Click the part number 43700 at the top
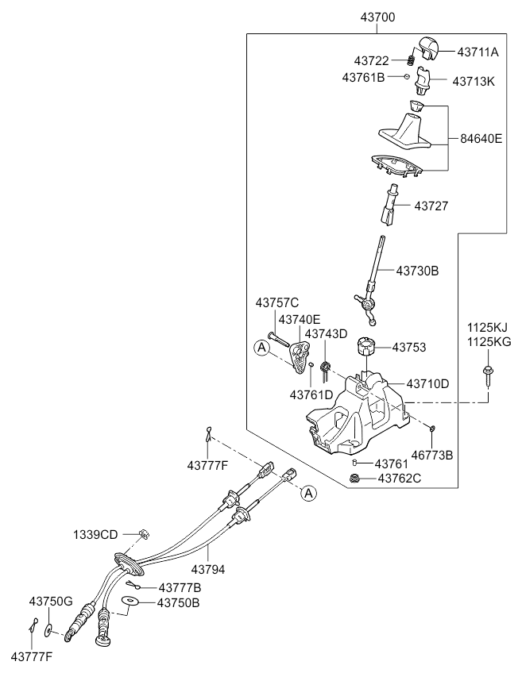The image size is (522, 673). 377,17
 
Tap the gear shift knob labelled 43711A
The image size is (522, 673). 427,48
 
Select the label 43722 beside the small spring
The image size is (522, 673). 371,61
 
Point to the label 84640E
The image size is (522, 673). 481,139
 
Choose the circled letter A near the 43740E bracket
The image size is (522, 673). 261,348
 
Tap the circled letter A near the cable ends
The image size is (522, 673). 308,494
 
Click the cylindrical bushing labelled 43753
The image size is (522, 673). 365,346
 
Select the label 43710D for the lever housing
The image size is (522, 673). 427,383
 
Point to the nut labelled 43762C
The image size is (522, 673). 355,478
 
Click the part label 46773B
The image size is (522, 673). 432,455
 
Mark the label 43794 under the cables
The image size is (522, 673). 208,570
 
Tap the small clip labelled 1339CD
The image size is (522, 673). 145,533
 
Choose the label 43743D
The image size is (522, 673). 326,334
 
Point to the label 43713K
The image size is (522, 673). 474,81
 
